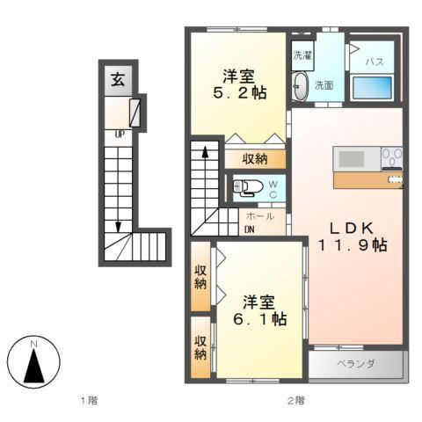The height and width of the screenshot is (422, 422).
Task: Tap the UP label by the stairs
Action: click(x=118, y=135)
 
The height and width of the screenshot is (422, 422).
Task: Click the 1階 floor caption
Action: click(x=89, y=401)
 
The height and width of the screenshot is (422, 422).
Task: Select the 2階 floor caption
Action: click(x=295, y=401)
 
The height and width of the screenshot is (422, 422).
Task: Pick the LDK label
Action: click(x=346, y=224)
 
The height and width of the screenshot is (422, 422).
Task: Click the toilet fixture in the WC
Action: click(x=245, y=186)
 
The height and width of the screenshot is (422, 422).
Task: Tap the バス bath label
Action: click(x=374, y=62)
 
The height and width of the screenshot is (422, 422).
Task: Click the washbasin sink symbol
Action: click(x=302, y=86)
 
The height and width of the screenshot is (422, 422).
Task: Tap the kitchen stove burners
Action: click(x=392, y=158)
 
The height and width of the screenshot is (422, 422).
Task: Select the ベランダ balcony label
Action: click(x=355, y=364)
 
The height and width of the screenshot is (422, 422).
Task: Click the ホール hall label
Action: click(x=259, y=216)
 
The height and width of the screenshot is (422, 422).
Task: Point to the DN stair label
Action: click(x=250, y=230)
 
